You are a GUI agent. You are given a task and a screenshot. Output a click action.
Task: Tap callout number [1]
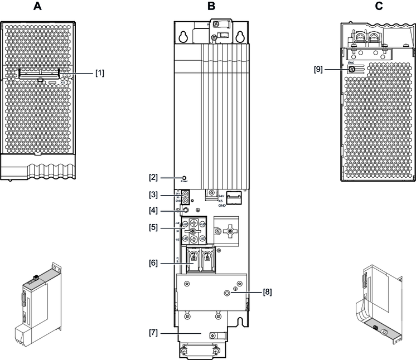100,72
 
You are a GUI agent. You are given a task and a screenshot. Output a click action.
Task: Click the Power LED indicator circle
184,176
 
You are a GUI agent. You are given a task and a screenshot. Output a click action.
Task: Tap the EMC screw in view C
352,70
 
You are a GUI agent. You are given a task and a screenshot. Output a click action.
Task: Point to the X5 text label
220,200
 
